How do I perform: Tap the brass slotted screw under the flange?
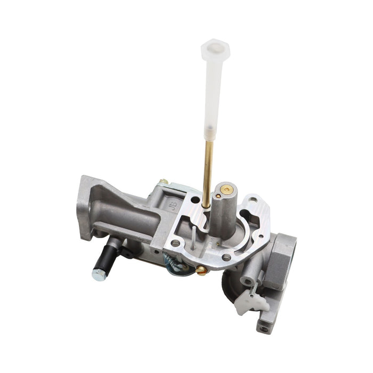(201, 270)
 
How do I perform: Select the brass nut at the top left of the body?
(164, 182)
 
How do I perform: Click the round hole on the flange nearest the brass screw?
(226, 258)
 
